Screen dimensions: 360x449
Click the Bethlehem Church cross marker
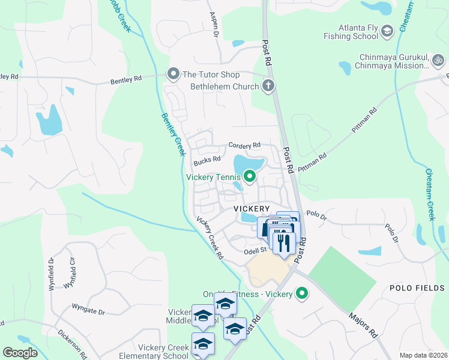(x=268, y=86)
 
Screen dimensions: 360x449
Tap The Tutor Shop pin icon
(x=173, y=74)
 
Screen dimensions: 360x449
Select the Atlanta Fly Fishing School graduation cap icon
(x=387, y=31)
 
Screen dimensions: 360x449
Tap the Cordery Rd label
(x=244, y=145)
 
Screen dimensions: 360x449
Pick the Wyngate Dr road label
(x=88, y=312)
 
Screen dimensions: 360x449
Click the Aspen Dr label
(x=213, y=25)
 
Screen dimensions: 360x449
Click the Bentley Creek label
(x=172, y=134)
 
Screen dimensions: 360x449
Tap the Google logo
(x=19, y=352)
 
